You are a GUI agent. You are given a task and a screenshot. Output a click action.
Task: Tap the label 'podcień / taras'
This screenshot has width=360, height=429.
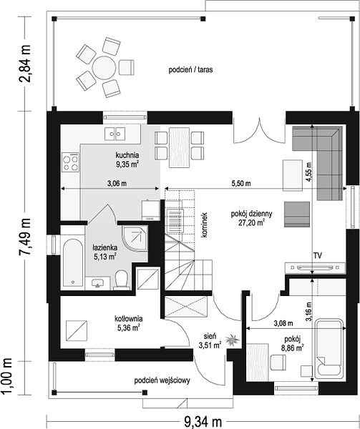[190, 70]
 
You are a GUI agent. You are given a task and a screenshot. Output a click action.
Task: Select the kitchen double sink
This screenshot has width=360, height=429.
[115, 134]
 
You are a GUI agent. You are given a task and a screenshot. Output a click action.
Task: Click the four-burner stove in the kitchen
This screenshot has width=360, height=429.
[70, 162]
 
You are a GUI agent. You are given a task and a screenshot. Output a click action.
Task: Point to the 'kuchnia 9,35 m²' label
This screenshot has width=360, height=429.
[127, 159]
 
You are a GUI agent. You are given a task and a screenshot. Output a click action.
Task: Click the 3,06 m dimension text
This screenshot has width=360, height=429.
[117, 183]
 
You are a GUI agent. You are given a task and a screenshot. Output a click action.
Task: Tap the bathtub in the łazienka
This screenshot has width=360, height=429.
[73, 262]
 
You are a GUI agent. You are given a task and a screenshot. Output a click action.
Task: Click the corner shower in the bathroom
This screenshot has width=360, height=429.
[135, 239]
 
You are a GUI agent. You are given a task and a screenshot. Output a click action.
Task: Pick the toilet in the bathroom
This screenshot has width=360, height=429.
[122, 280]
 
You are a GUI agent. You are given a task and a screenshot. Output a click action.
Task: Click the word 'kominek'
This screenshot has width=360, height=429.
[204, 225]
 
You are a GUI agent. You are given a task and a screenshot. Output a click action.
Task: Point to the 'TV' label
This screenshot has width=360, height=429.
[318, 256]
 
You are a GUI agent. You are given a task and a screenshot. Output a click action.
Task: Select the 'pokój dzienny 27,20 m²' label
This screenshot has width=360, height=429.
[251, 218]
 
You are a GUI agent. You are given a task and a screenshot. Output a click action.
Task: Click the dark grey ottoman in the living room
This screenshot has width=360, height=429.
[297, 214]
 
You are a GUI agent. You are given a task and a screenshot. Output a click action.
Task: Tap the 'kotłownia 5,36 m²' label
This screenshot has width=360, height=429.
[128, 323]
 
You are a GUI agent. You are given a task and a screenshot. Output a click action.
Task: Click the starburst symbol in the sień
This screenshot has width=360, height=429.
[233, 340]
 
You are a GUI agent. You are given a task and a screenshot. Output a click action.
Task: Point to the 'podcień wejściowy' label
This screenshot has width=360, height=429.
[162, 380]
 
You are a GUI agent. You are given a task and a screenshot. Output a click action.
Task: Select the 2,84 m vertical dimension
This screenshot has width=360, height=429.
[24, 64]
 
